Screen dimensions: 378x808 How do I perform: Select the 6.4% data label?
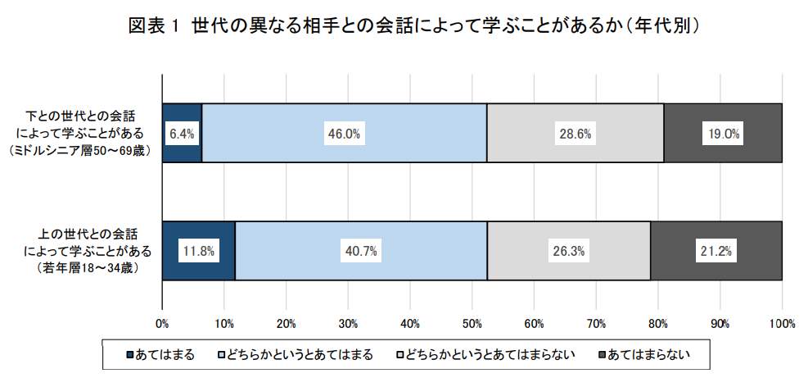click(x=182, y=134)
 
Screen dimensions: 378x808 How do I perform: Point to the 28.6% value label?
click(x=575, y=134)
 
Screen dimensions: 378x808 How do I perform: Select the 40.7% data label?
click(x=360, y=252)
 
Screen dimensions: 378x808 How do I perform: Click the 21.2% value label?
click(x=716, y=252)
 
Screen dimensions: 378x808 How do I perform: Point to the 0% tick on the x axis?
click(x=162, y=323)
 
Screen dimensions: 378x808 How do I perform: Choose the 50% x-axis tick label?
click(x=472, y=323)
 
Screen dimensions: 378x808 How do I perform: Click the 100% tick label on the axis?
click(x=782, y=323)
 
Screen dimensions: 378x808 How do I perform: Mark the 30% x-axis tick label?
click(x=348, y=323)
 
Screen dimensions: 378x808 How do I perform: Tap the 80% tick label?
click(x=658, y=323)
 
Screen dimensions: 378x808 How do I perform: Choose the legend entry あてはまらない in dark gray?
click(x=650, y=354)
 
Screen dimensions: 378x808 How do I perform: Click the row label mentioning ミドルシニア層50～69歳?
click(x=80, y=133)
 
